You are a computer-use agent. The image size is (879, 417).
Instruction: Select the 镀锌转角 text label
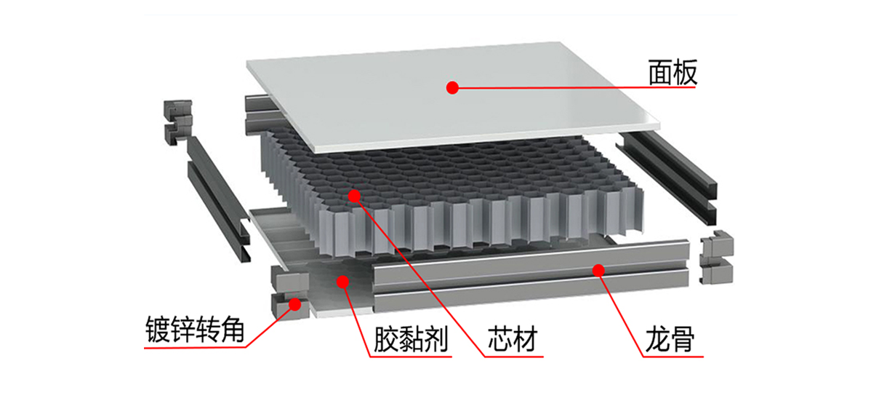[x=194, y=331]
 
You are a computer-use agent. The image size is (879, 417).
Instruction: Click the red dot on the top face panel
[x=452, y=87]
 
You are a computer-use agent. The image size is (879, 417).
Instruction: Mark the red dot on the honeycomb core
[x=354, y=195]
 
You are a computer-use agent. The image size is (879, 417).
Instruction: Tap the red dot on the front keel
[x=598, y=271]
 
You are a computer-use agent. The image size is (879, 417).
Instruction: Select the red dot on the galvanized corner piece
[x=295, y=305]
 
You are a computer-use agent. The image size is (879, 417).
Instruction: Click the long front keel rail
[x=531, y=284]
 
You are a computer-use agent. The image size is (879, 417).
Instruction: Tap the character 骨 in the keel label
[x=682, y=339]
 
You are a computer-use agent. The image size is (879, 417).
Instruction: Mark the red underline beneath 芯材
[x=513, y=357]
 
